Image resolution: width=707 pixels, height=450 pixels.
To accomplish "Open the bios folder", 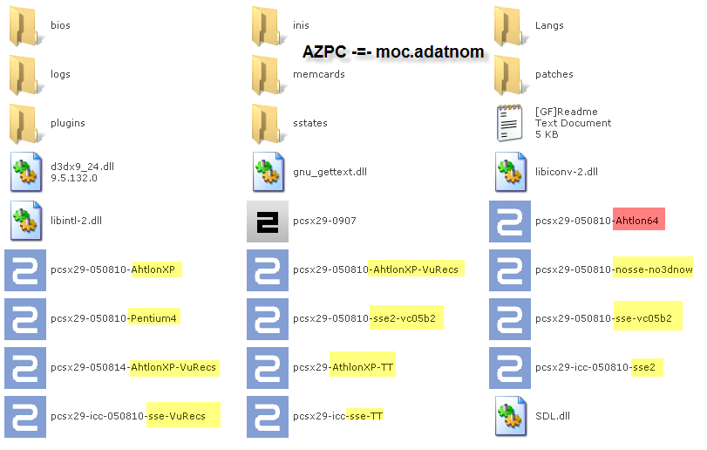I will pyautogui.click(x=25, y=26).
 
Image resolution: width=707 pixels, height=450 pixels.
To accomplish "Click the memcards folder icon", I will pyautogui.click(x=267, y=74).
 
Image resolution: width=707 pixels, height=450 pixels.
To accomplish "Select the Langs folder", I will pyautogui.click(x=510, y=26).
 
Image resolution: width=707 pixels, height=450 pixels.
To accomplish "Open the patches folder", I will pyautogui.click(x=510, y=74).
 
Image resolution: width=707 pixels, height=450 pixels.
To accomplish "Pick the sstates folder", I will pyautogui.click(x=267, y=123).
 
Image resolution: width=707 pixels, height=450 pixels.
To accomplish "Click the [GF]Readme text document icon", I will pyautogui.click(x=510, y=123).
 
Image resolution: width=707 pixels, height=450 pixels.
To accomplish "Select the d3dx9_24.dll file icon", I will pyautogui.click(x=25, y=172).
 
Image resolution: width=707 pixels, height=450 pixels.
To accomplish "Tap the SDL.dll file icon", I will pyautogui.click(x=510, y=416).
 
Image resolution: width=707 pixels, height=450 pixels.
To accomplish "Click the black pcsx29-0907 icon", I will pyautogui.click(x=267, y=221).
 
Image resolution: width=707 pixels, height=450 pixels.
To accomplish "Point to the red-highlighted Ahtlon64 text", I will pyautogui.click(x=639, y=221).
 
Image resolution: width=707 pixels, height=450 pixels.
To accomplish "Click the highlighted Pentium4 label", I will pyautogui.click(x=154, y=318).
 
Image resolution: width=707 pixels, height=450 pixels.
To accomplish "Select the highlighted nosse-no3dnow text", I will pyautogui.click(x=654, y=269).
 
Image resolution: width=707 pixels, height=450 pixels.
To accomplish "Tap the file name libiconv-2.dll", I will pyautogui.click(x=567, y=172).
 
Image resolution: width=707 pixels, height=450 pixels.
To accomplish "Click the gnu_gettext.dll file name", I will pyautogui.click(x=330, y=172).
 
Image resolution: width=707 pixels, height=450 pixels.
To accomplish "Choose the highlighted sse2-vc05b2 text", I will pyautogui.click(x=406, y=318).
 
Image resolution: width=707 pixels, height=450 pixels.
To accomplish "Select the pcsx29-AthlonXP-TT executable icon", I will pyautogui.click(x=267, y=367).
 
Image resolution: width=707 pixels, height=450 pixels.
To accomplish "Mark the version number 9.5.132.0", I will pyautogui.click(x=73, y=178).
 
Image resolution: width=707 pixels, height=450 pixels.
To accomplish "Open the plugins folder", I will pyautogui.click(x=25, y=123).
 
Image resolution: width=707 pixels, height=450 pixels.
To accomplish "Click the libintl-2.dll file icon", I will pyautogui.click(x=25, y=221).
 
